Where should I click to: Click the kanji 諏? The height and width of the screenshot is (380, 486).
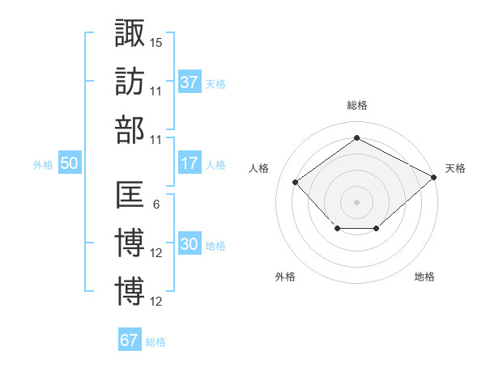pos(130,32)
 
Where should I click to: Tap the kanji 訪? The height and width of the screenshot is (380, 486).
pos(130,82)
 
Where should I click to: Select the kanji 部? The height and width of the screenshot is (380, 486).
pos(130,130)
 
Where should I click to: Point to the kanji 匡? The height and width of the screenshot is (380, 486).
pos(130,194)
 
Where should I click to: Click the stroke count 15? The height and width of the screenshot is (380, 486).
pos(156,43)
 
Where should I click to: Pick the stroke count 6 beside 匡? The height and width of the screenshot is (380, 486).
pos(156,205)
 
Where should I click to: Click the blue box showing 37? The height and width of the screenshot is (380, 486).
pos(190,82)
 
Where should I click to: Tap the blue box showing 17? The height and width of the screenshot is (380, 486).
pos(190,163)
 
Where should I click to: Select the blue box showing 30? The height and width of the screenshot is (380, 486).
pos(190,243)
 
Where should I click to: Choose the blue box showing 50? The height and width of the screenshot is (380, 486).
pos(70,163)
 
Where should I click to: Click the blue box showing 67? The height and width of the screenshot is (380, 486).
pos(130,339)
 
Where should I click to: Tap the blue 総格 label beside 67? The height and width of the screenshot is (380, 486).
pos(156,342)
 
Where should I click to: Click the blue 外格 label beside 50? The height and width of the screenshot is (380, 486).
pos(43,165)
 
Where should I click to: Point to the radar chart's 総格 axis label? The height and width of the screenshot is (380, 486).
pos(357,105)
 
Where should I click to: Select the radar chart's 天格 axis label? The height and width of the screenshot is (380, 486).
pos(455,168)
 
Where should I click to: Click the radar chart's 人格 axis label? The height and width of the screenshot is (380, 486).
pos(258,168)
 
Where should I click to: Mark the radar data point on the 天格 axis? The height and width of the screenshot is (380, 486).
pos(434,177)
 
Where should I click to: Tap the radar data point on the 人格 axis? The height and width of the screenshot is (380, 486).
pos(296,182)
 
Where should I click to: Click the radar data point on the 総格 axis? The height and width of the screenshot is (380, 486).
pos(356,137)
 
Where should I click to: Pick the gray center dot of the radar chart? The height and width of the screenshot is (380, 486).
pos(356,202)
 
